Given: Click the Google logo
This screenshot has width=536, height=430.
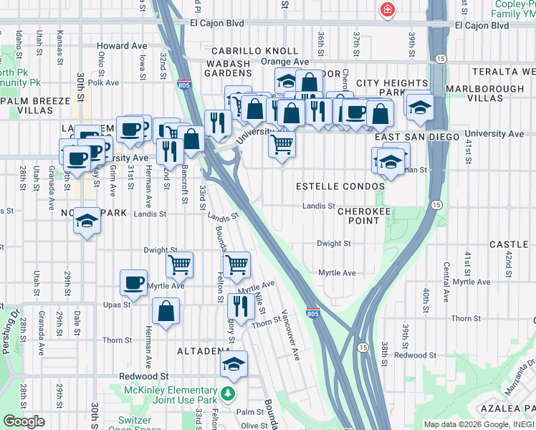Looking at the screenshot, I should click(x=24, y=421).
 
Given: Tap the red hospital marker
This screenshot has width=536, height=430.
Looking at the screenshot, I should click(x=387, y=9).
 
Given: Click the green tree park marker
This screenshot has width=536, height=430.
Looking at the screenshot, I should click(x=227, y=393).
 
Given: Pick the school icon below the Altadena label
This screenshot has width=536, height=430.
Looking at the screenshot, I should click(x=234, y=365).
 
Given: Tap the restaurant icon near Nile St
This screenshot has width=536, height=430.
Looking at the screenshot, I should click(x=241, y=306).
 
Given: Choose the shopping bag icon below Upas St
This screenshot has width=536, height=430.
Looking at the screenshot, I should click(x=166, y=311).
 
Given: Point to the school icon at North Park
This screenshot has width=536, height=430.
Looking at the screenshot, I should click(x=87, y=221).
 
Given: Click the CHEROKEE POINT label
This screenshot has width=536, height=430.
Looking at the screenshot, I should click(x=364, y=216).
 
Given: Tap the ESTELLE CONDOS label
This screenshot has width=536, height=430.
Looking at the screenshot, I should click(x=340, y=186).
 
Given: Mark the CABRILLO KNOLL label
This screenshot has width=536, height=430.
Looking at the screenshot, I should click(x=254, y=51).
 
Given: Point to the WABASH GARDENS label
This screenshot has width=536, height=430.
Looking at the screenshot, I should click(x=230, y=70).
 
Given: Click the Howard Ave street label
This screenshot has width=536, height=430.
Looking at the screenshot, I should click(x=122, y=46).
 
